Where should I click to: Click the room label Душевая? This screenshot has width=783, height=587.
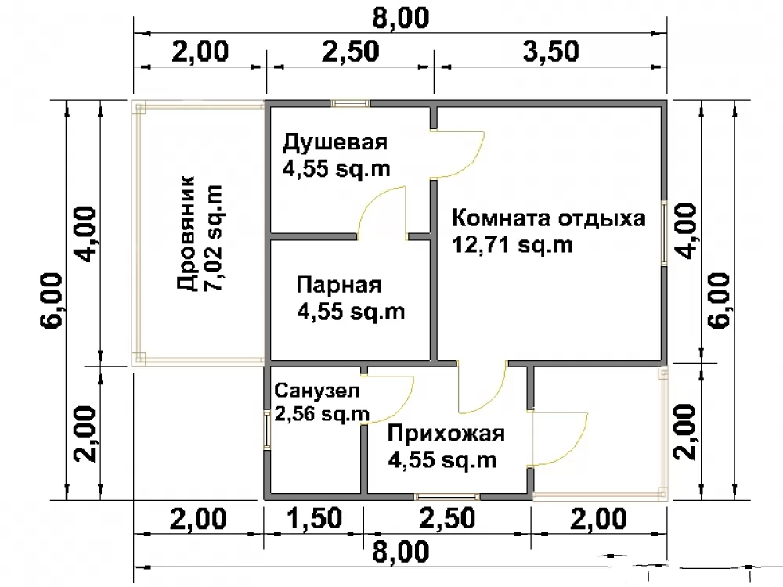[334, 142]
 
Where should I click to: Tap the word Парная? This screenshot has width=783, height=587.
[338, 286]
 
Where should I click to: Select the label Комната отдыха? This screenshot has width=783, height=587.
[548, 218]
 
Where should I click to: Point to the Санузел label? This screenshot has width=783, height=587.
[316, 391]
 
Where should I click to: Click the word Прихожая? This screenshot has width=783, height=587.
[446, 434]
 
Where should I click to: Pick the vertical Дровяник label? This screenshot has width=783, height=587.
[186, 232]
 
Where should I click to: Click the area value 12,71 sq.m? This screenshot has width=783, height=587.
[512, 245]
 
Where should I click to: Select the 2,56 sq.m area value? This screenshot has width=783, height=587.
[322, 414]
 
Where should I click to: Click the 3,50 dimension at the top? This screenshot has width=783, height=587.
[550, 52]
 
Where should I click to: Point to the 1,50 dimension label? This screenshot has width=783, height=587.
[315, 519]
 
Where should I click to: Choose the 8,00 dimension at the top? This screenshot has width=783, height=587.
[400, 19]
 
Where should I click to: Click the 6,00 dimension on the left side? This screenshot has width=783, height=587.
[52, 300]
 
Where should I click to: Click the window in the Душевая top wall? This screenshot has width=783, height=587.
[351, 104]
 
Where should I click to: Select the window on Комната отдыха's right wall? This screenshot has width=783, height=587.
[664, 232]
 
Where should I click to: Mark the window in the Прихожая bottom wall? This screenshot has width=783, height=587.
[446, 497]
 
